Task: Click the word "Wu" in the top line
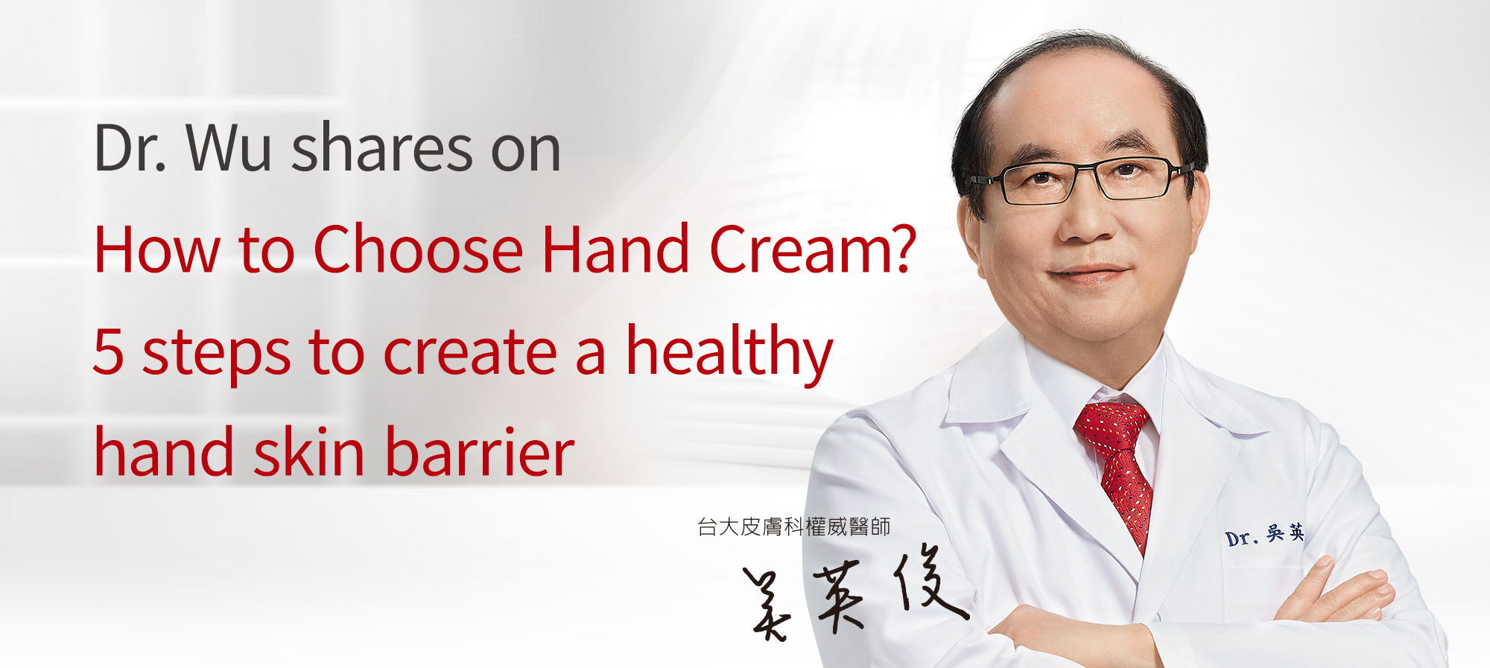pyautogui.click(x=228, y=148)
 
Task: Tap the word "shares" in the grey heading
pyautogui.click(x=381, y=147)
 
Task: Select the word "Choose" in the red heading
pyautogui.click(x=418, y=249)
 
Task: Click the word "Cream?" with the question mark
pyautogui.click(x=812, y=249)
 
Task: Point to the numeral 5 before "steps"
pyautogui.click(x=109, y=351)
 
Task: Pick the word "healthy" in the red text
pyautogui.click(x=729, y=354)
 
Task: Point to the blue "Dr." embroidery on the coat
pyautogui.click(x=1240, y=538)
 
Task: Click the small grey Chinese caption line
pyautogui.click(x=793, y=527)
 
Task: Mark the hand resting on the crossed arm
pyautogui.click(x=1334, y=592)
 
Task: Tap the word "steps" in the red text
pyautogui.click(x=216, y=354)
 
